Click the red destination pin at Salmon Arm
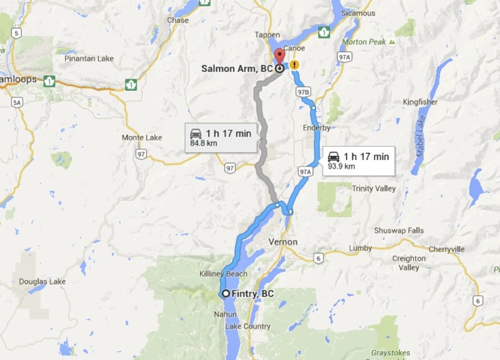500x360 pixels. pos(279,57)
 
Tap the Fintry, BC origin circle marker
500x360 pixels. pos(226,294)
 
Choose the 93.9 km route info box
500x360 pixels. pos(359,161)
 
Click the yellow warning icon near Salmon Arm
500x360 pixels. pos(294,65)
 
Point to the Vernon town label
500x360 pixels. pos(284,242)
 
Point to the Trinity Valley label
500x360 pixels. pos(374,189)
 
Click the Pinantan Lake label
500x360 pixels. pos(89,59)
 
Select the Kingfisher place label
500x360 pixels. pos(420,103)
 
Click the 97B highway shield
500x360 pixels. pos(303,92)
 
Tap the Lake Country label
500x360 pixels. pos(247,326)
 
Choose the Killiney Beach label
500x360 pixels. pos(223,274)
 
